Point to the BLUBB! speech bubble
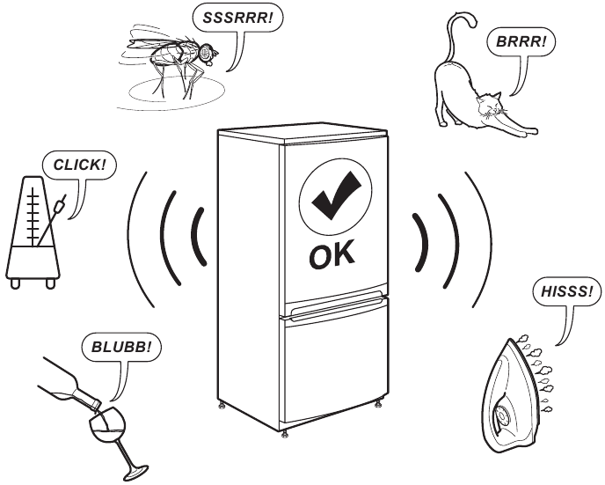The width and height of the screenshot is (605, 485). [x=121, y=346]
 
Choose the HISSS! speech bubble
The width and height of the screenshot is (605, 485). [x=565, y=292]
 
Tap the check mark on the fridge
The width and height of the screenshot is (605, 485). [x=330, y=194]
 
